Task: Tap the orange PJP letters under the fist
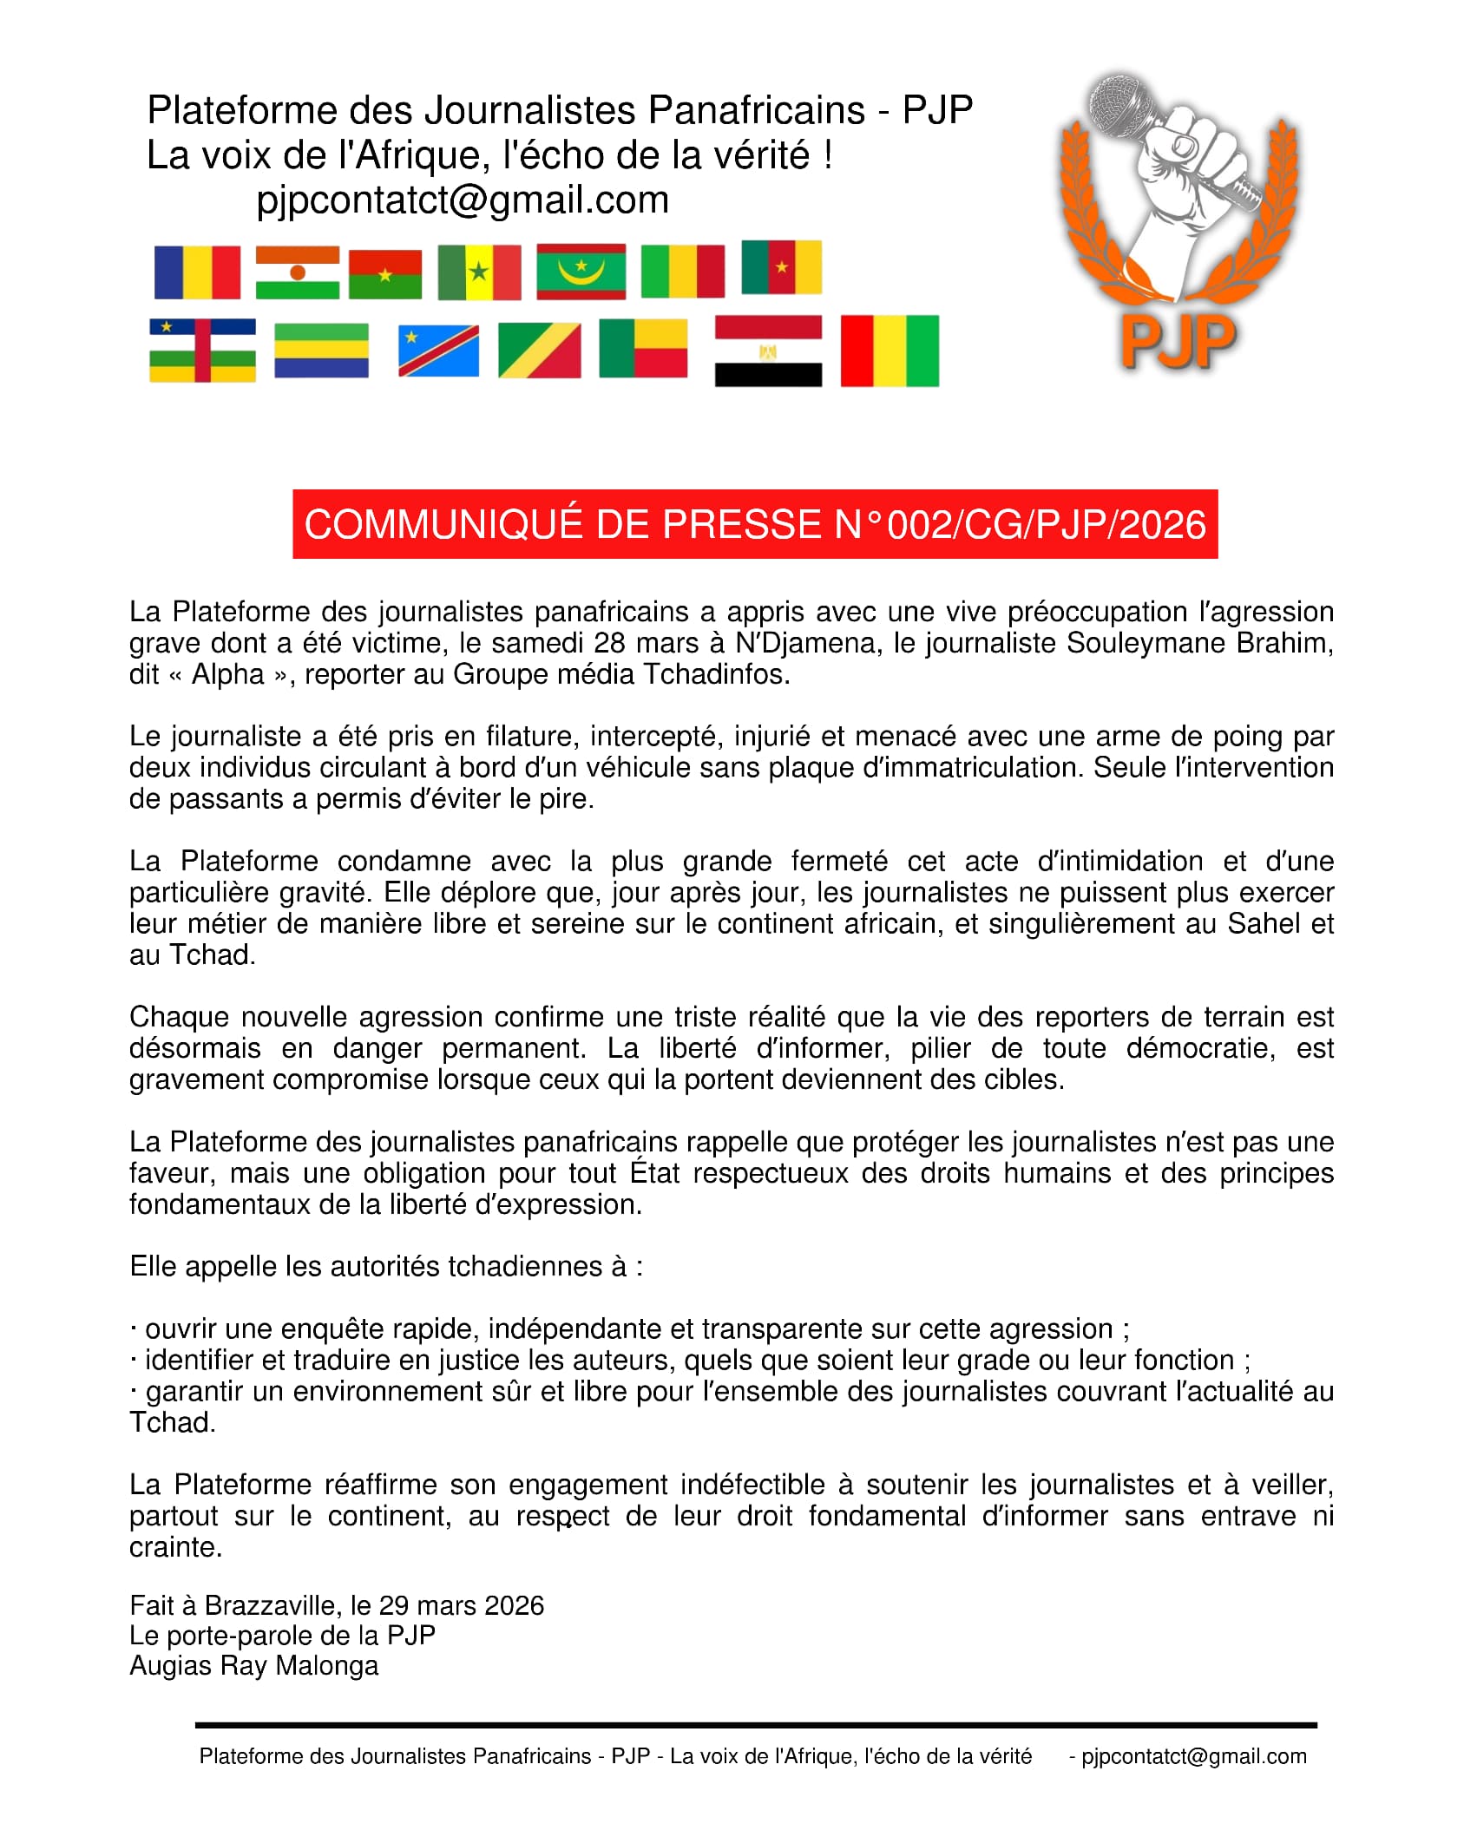[x=1177, y=341]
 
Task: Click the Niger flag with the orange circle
[x=297, y=272]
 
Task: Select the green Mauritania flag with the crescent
[x=581, y=272]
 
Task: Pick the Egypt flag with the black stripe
[x=768, y=351]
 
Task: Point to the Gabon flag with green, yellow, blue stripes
[x=321, y=351]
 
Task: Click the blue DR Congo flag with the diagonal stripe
[x=438, y=351]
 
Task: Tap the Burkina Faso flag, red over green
[x=385, y=274]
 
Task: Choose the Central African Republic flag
[x=202, y=351]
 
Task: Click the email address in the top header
[x=463, y=200]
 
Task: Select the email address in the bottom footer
[x=1193, y=1756]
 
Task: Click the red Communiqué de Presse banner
[x=755, y=524]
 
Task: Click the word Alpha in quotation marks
[x=227, y=674]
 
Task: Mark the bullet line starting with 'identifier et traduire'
[x=690, y=1360]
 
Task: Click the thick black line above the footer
[x=755, y=1725]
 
